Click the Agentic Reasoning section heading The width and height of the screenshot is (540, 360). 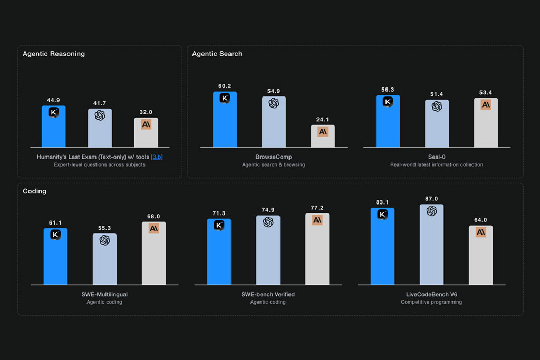tap(54, 54)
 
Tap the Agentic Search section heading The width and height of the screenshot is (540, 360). tap(217, 54)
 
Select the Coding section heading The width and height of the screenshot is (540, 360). tap(34, 191)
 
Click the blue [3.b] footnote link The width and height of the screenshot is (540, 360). tap(157, 157)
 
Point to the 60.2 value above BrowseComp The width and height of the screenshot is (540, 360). tap(225, 86)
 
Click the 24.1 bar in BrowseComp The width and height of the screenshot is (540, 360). tap(323, 136)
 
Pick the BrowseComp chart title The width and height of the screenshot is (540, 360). tap(274, 157)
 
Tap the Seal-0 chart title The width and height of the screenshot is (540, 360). tap(437, 157)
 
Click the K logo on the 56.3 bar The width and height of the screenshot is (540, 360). tap(388, 102)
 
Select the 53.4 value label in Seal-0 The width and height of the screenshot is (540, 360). tap(486, 93)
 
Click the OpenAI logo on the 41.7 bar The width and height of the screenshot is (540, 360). tap(100, 115)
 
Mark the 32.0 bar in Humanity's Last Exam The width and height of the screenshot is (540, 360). tap(146, 132)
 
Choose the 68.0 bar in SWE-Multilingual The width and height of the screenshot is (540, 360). tap(153, 254)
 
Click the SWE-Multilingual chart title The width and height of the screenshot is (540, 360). tap(104, 294)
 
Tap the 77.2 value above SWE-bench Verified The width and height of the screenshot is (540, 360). tap(317, 208)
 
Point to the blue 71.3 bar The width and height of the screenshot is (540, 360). tap(219, 251)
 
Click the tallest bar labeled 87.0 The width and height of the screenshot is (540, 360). tap(431, 245)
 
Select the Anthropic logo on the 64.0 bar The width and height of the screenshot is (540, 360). tap(481, 232)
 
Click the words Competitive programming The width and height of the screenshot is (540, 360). tap(431, 302)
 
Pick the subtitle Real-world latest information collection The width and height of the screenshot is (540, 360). tap(437, 165)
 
